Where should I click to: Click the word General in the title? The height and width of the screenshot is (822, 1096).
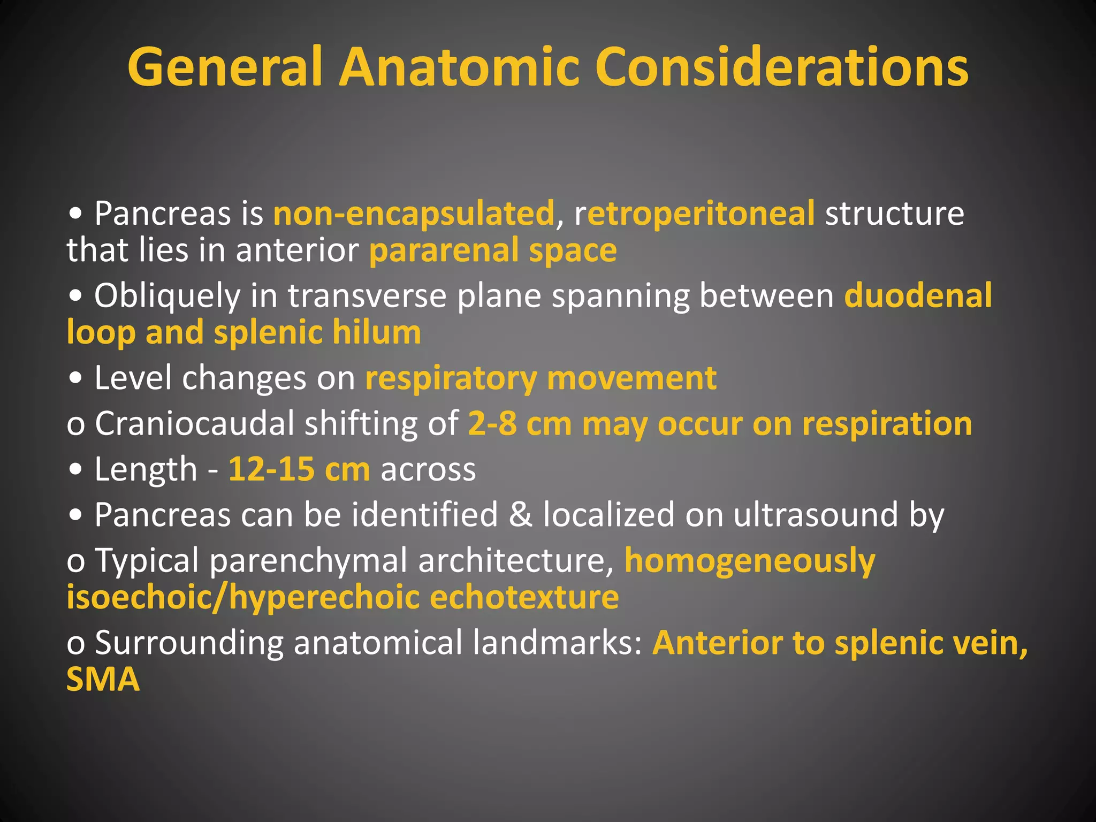(225, 67)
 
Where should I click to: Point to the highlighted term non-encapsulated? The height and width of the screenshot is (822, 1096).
(414, 213)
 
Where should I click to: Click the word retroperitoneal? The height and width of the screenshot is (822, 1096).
(695, 213)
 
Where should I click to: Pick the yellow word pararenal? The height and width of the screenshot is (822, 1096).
(444, 250)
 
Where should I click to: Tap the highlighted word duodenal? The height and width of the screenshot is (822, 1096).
(918, 295)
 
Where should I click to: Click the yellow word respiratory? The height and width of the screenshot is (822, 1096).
(451, 378)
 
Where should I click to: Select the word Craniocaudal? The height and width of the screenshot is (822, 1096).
(195, 423)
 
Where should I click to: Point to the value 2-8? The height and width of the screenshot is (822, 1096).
(492, 423)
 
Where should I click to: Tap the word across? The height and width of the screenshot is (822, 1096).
(428, 469)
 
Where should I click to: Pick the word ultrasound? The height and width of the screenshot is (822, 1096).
(816, 514)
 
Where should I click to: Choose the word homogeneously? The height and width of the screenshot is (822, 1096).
(750, 560)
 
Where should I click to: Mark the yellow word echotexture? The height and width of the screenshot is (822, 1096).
(524, 597)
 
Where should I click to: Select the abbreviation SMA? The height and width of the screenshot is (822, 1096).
(103, 679)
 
